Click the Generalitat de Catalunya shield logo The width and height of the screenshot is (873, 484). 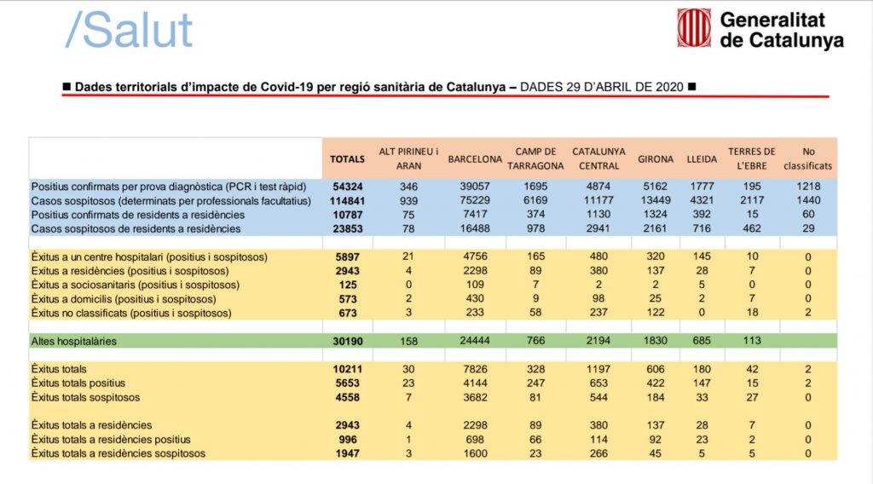[x=694, y=28]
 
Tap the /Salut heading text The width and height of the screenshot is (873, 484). [x=130, y=31]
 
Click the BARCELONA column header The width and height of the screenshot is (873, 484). [x=475, y=158]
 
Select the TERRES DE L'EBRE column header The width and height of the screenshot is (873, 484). [x=751, y=158]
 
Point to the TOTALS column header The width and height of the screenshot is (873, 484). [x=348, y=158]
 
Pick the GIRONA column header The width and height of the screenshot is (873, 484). [x=654, y=158]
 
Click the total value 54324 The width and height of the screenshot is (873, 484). [x=348, y=186]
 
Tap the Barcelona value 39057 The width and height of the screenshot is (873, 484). [x=475, y=186]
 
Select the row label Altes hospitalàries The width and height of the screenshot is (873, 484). [x=74, y=341]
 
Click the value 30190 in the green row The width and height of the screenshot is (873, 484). [x=348, y=341]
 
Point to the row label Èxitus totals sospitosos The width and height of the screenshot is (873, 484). [x=86, y=397]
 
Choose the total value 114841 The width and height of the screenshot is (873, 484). [x=348, y=200]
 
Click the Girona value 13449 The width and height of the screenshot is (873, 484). [x=654, y=200]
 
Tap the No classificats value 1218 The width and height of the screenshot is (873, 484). [x=808, y=186]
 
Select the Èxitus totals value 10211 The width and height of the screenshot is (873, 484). [x=348, y=369]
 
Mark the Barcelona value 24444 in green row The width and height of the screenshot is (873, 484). [x=475, y=341]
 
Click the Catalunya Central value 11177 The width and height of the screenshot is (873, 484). [x=598, y=200]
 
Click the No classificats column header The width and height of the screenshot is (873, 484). [x=808, y=158]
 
